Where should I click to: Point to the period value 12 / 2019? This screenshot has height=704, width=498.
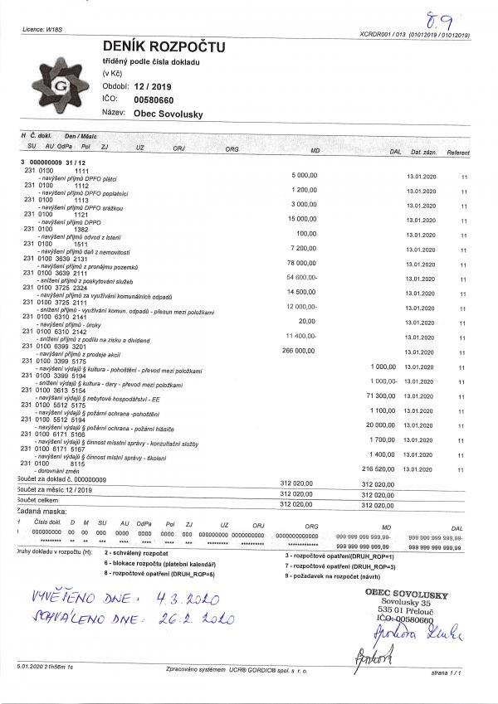[150, 85]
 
